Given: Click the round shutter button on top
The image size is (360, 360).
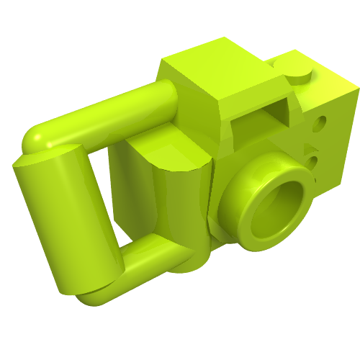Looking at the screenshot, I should pyautogui.click(x=297, y=73).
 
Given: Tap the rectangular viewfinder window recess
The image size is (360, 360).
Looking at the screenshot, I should pyautogui.click(x=261, y=122).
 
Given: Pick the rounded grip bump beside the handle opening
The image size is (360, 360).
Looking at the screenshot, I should pyautogui.click(x=169, y=155).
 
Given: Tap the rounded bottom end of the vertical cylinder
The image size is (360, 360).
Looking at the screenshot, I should pyautogui.click(x=86, y=288).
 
